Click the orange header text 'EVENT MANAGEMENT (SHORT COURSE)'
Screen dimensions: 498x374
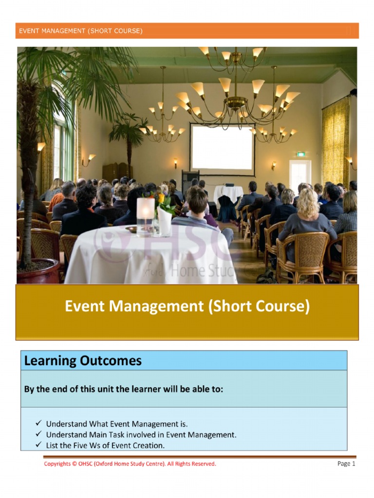(81, 31)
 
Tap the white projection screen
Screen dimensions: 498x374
(223, 148)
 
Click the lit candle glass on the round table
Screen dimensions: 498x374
(145, 215)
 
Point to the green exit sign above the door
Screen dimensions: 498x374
(301, 154)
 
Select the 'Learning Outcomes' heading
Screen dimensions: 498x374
(83, 361)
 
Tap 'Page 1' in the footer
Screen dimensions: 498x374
(346, 464)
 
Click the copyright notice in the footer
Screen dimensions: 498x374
(130, 464)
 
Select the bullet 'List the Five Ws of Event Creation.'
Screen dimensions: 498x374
(105, 445)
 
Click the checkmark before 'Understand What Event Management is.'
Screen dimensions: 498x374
(38, 424)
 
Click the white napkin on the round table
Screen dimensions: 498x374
(165, 221)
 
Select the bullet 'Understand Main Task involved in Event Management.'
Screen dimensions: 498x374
(141, 435)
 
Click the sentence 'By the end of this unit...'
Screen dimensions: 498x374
(124, 390)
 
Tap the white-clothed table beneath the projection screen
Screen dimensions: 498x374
(227, 194)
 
